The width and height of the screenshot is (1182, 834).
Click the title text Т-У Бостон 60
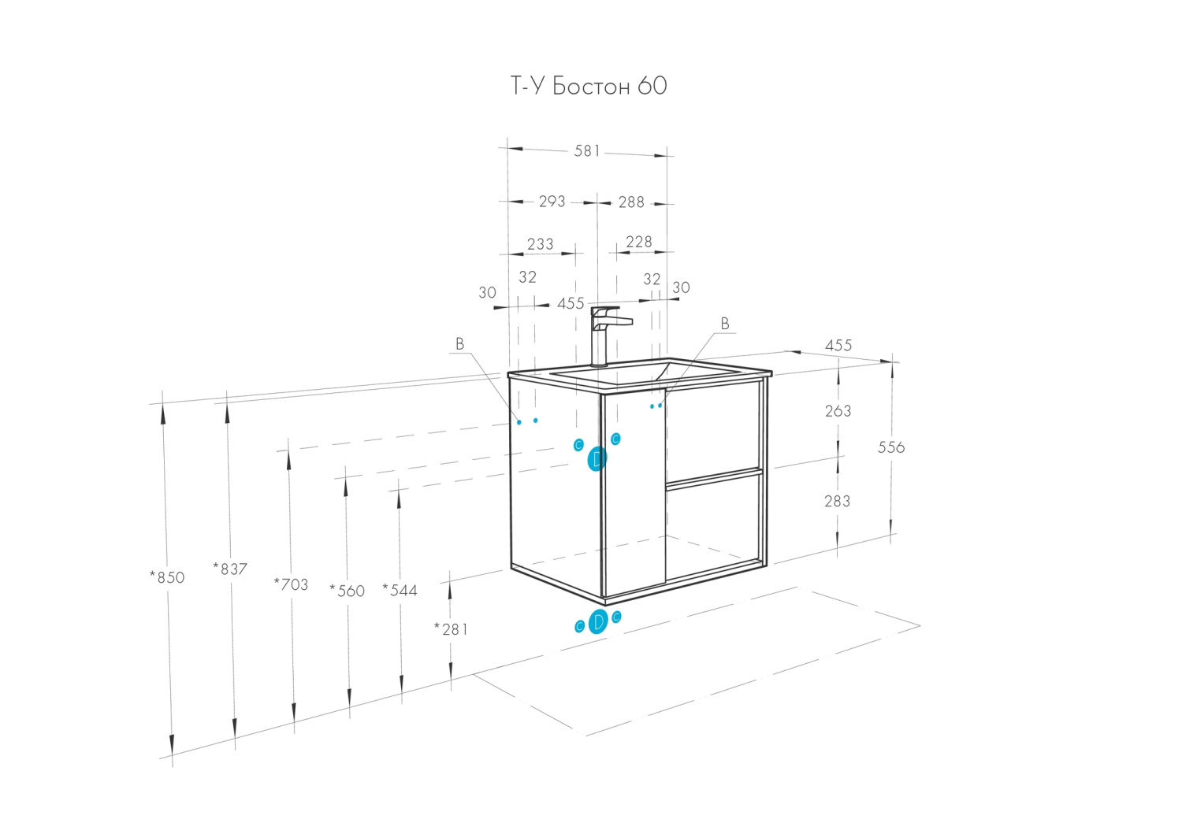click(589, 86)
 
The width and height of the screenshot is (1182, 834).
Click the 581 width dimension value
click(587, 150)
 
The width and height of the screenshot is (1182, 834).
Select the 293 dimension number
click(552, 202)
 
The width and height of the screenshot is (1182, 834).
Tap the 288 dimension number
click(631, 202)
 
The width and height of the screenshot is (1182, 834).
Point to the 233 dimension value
click(540, 244)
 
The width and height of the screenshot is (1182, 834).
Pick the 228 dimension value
click(638, 242)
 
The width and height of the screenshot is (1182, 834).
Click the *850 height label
click(167, 577)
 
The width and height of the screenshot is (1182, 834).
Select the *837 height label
click(230, 569)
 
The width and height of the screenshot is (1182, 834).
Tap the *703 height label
click(291, 584)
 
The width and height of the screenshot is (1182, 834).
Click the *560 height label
click(347, 591)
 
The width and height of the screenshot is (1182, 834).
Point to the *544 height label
click(400, 590)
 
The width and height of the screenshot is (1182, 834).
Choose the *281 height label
click(451, 628)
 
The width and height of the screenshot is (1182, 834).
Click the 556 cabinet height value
click(891, 447)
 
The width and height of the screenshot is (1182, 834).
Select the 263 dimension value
click(838, 411)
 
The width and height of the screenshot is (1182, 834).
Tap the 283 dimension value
click(837, 501)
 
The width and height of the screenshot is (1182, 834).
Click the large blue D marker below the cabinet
click(598, 622)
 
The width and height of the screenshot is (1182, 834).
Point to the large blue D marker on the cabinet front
click(597, 458)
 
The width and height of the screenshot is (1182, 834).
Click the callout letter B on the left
click(459, 344)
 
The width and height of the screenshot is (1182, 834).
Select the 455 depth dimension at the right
click(838, 345)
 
